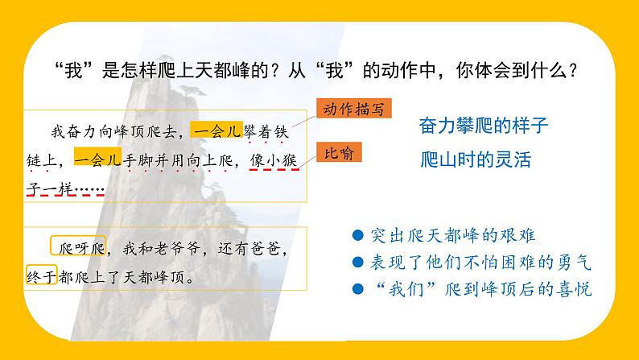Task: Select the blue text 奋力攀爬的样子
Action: (x=483, y=126)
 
